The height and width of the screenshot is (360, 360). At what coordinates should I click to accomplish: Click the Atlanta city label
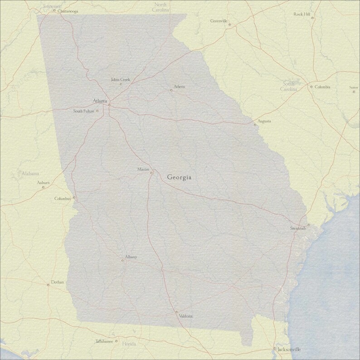[x=100, y=100]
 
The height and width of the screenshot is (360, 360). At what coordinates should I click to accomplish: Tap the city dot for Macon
[x=151, y=172]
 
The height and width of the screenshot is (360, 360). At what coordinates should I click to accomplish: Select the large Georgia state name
[x=179, y=177]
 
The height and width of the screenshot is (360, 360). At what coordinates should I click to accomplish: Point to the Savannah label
[x=298, y=229]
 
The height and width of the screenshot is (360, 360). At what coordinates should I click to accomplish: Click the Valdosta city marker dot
[x=176, y=312]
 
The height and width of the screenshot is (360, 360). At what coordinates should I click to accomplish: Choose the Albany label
[x=131, y=257]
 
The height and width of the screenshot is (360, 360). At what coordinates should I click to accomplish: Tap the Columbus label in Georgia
[x=63, y=199]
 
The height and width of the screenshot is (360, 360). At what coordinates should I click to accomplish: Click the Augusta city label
[x=264, y=122]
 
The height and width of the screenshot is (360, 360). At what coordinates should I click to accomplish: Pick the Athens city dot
[x=171, y=90]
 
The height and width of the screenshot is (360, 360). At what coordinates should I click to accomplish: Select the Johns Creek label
[x=120, y=80]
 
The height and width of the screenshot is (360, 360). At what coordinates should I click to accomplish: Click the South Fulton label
[x=83, y=111]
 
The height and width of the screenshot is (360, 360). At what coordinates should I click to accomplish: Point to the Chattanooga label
[x=68, y=11]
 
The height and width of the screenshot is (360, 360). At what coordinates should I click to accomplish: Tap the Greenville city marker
[x=229, y=24]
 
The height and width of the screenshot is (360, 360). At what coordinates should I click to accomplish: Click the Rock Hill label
[x=302, y=15]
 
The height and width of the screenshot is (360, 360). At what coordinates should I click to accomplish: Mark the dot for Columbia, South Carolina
[x=311, y=87]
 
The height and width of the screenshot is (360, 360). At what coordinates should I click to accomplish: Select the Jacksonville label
[x=289, y=350]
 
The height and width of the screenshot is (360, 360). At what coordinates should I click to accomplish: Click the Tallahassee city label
[x=104, y=341]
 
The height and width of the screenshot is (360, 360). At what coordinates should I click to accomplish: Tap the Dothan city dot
[x=48, y=285]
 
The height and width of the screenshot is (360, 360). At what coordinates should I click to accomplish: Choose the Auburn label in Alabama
[x=43, y=183]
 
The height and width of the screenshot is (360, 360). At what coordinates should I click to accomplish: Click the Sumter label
[x=354, y=88]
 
